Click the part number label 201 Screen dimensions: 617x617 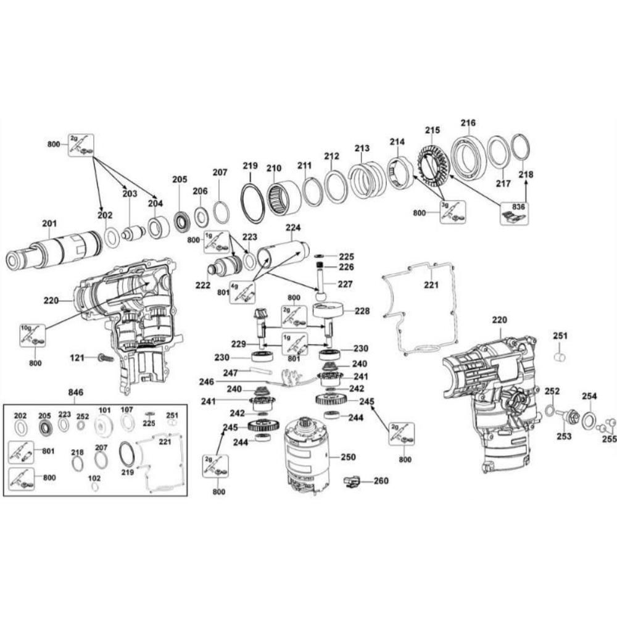(49, 223)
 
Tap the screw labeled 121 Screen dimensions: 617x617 (104, 358)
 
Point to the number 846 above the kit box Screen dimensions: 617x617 (76, 392)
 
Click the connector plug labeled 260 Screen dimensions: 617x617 (352, 481)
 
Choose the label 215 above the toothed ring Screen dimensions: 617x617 (433, 130)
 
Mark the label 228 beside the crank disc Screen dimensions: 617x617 (362, 312)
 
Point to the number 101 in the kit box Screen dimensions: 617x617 (104, 409)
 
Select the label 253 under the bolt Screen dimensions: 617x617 (563, 436)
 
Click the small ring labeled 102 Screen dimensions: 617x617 (94, 487)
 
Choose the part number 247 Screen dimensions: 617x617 (230, 373)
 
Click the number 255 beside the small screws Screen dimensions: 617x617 (609, 439)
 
